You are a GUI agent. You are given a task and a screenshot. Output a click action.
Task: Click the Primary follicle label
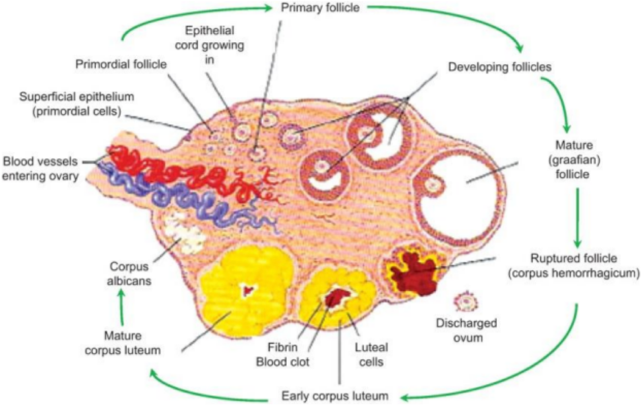click(x=320, y=8)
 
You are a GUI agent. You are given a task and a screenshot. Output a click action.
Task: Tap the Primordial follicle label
click(x=121, y=64)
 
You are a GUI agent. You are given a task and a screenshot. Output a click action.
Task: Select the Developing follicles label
click(x=500, y=67)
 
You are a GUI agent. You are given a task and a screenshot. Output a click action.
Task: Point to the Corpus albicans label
click(x=129, y=274)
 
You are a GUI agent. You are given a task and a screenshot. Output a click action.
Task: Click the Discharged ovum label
click(x=467, y=330)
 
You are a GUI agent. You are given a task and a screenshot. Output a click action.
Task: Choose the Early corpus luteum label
click(x=335, y=396)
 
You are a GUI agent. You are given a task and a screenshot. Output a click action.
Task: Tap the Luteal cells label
click(x=371, y=354)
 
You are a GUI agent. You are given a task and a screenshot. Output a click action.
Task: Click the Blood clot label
click(x=282, y=361)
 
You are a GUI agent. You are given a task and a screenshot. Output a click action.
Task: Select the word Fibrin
click(x=282, y=347)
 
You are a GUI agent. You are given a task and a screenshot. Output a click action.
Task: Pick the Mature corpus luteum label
click(x=123, y=343)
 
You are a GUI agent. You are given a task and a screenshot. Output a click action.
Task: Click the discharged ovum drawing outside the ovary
click(x=466, y=302)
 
